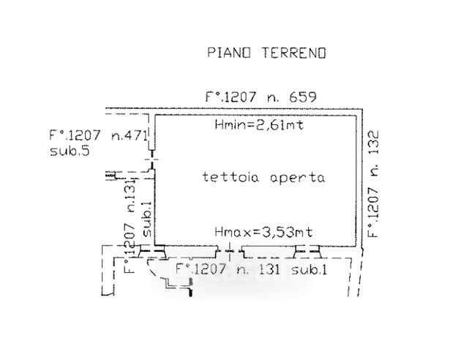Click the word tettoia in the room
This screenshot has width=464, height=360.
click(x=225, y=177)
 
